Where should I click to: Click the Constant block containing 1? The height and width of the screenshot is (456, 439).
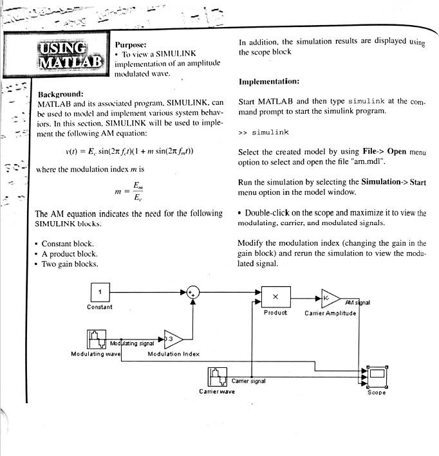100,292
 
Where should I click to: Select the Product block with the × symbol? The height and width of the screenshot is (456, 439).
275,296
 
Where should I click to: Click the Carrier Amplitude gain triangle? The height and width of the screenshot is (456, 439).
329,299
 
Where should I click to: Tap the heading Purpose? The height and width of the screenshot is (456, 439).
131,45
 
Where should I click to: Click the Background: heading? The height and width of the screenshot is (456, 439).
61,94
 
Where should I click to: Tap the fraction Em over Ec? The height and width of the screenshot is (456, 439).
137,192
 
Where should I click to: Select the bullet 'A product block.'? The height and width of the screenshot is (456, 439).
70,254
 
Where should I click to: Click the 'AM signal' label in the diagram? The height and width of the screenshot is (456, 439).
357,303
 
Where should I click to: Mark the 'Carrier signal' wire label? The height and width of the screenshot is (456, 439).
248,381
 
